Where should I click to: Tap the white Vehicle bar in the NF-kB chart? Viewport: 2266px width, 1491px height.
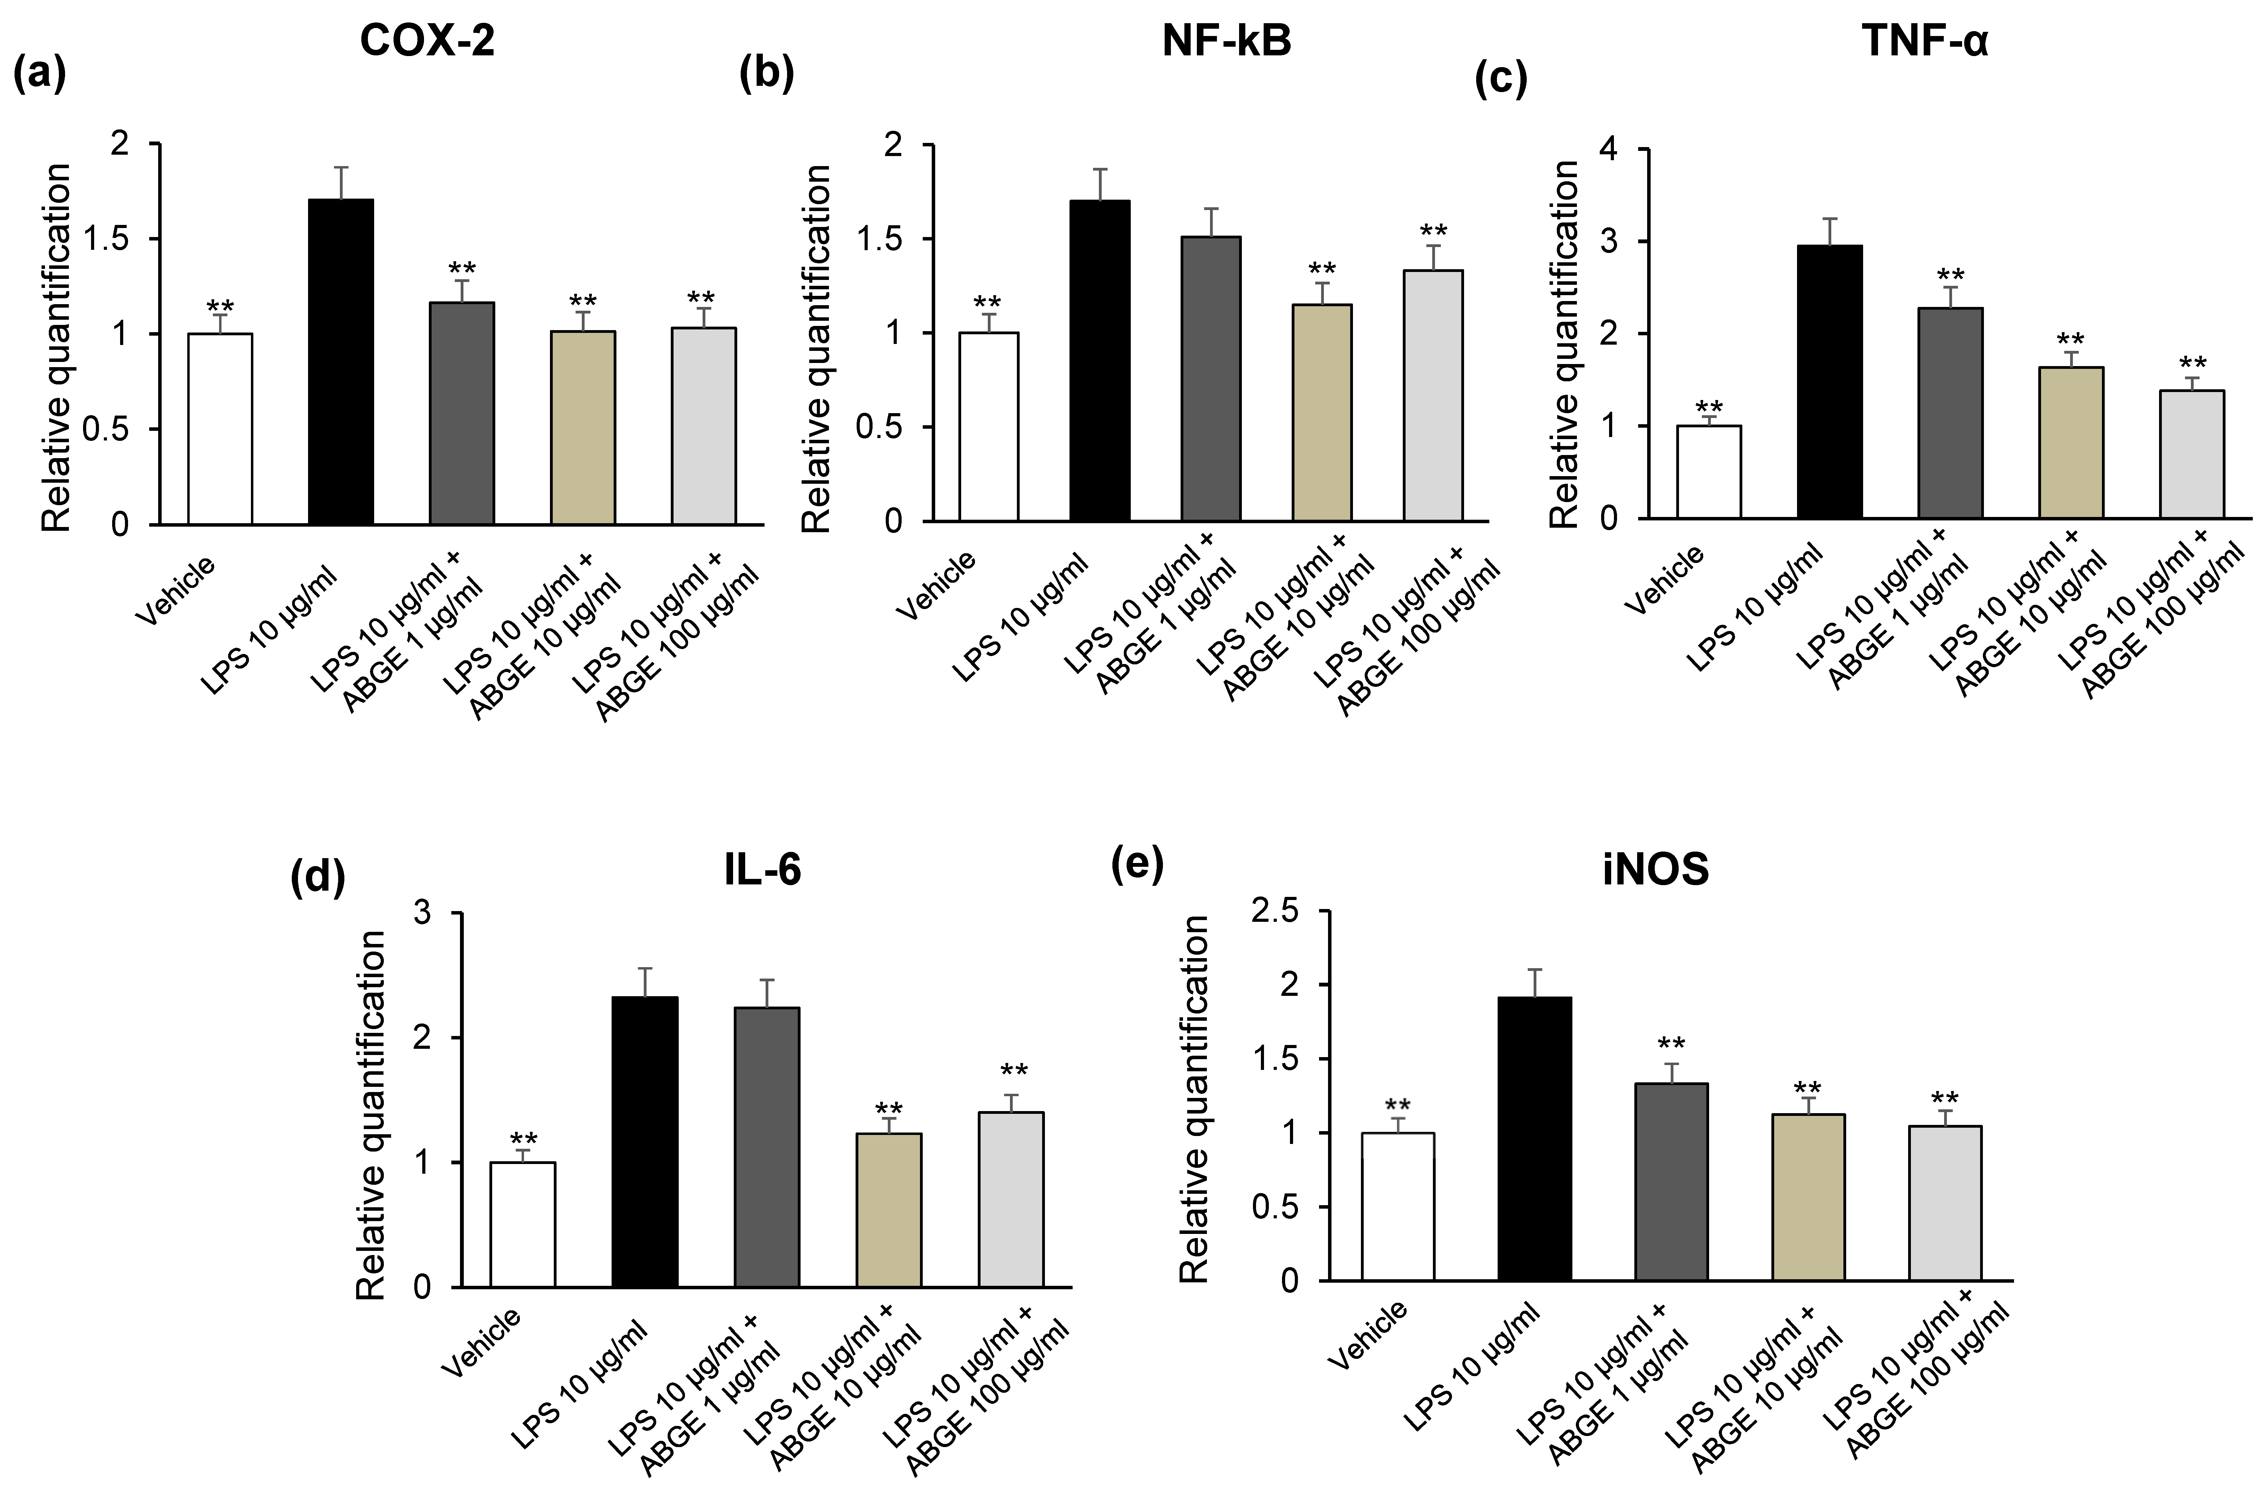988,427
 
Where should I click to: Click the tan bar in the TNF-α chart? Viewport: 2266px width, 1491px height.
2071,443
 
